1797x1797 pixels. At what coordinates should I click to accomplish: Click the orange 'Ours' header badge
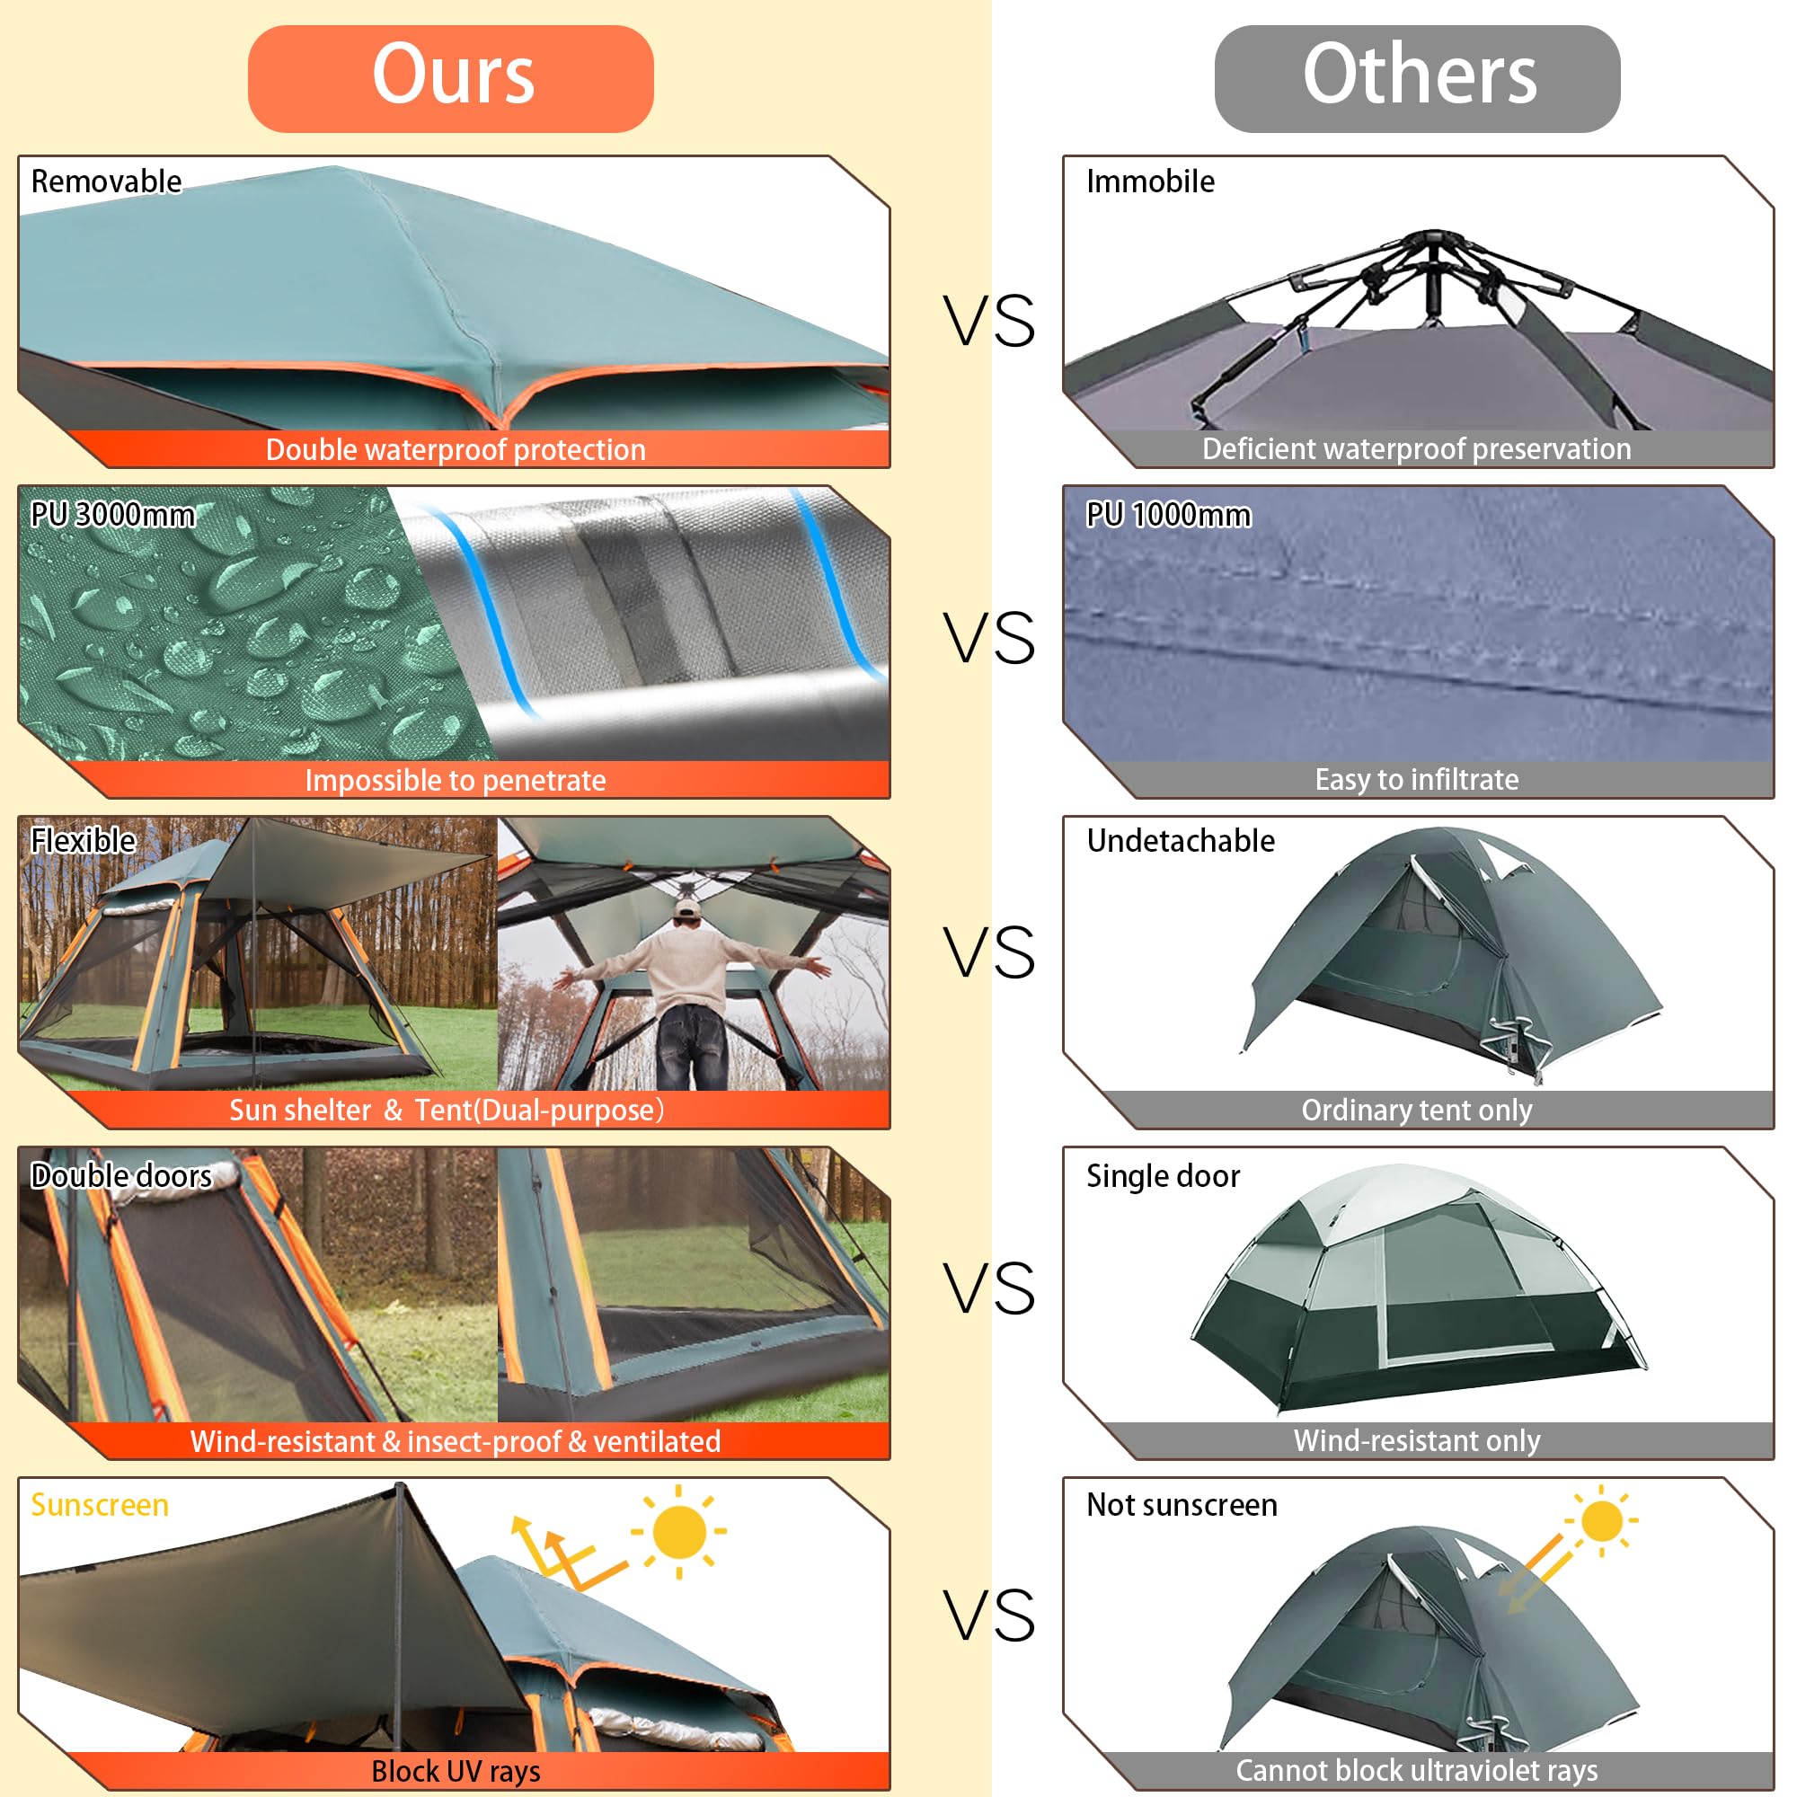[x=450, y=78]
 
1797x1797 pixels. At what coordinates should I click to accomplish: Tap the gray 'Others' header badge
[x=1417, y=78]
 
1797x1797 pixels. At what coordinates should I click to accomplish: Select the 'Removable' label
[x=106, y=181]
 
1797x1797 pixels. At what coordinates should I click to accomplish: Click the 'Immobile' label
[x=1150, y=181]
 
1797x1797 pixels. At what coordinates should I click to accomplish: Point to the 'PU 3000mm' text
[x=112, y=514]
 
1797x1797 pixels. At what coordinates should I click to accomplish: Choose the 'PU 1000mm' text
[x=1168, y=514]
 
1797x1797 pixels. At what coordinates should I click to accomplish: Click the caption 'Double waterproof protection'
[x=455, y=450]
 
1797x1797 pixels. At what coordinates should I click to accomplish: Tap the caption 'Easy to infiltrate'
[x=1416, y=779]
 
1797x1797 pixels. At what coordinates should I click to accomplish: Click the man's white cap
[x=686, y=908]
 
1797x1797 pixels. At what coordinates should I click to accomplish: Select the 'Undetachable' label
[x=1181, y=841]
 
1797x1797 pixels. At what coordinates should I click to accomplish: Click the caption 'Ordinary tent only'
[x=1416, y=1110]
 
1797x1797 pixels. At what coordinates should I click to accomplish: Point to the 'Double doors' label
[x=121, y=1175]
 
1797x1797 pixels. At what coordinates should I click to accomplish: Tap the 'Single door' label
[x=1163, y=1175]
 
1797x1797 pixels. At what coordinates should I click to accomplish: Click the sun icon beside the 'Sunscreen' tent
[x=679, y=1531]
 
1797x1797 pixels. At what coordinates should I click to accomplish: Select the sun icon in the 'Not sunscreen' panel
[x=1602, y=1521]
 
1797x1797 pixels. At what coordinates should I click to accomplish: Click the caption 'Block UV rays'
[x=455, y=1771]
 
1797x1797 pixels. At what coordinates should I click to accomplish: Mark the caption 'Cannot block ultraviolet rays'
[x=1416, y=1770]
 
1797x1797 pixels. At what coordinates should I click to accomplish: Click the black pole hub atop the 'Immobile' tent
[x=1433, y=243]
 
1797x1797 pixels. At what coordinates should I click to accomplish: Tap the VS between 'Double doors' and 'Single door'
[x=988, y=1289]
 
